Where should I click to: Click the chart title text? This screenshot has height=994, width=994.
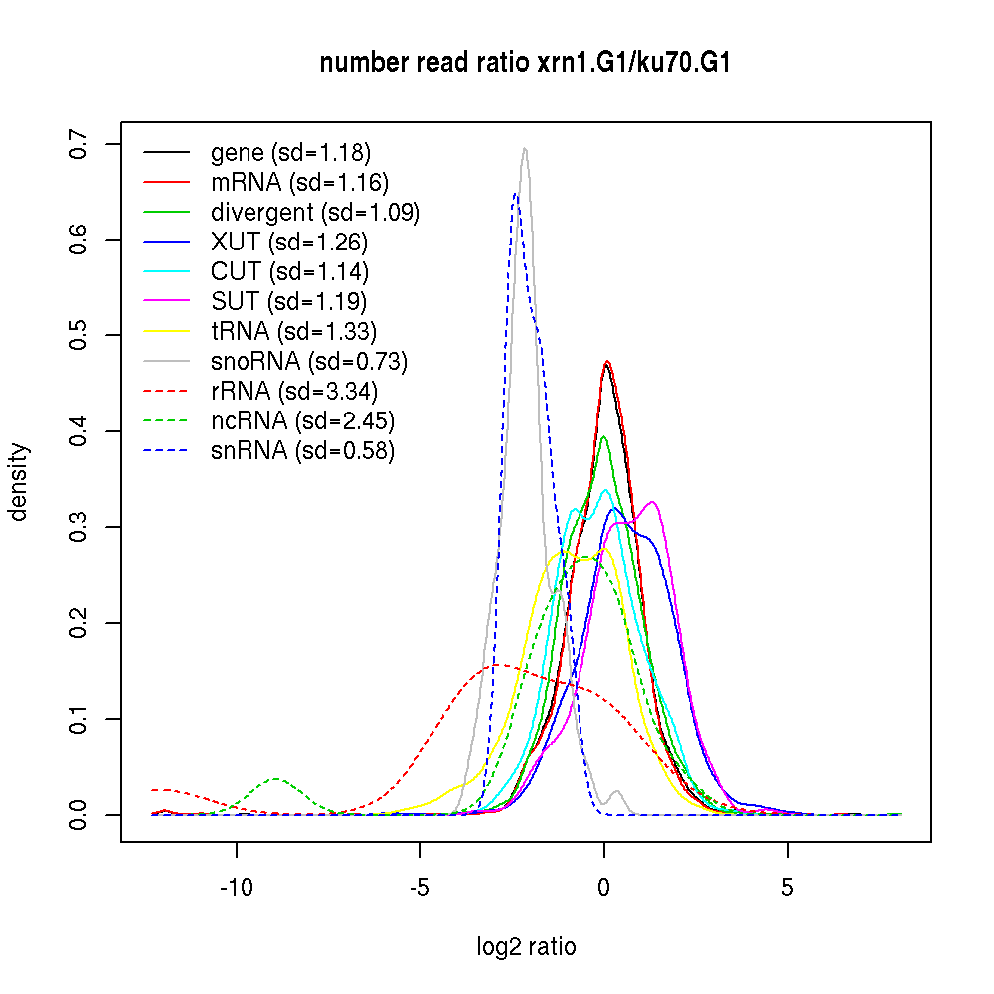(526, 64)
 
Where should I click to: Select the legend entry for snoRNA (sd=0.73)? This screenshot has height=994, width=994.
(309, 361)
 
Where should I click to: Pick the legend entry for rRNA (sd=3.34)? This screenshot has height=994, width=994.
(294, 391)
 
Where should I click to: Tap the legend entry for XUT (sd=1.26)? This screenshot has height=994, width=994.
(289, 242)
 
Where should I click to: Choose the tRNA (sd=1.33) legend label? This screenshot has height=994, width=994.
(294, 331)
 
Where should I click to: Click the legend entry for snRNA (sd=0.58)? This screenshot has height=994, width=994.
(302, 450)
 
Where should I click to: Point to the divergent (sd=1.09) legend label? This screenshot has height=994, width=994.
(315, 212)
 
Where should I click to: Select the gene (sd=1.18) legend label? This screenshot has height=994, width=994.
(290, 152)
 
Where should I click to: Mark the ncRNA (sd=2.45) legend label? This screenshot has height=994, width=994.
(302, 420)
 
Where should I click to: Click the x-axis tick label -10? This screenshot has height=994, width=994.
(237, 887)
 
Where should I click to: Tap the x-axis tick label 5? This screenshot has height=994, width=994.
(787, 887)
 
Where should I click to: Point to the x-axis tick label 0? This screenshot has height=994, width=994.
(603, 887)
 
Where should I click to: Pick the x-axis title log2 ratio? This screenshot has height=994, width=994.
(526, 947)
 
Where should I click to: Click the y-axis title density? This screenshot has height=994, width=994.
(19, 482)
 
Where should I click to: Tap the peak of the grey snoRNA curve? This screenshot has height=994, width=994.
(524, 149)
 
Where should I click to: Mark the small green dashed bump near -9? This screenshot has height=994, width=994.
(276, 778)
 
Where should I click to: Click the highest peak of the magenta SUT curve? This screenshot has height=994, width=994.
(652, 502)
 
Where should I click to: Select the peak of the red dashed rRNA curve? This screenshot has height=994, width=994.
(494, 665)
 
